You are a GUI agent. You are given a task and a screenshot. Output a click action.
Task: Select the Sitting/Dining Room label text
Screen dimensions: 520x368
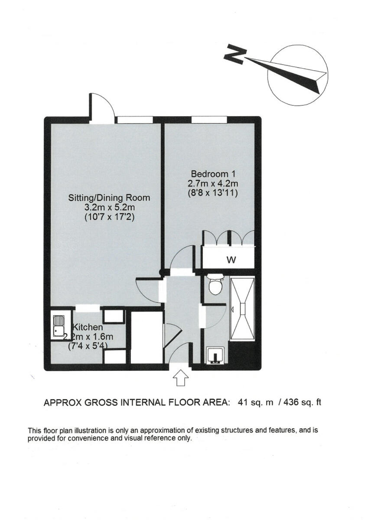click(x=109, y=198)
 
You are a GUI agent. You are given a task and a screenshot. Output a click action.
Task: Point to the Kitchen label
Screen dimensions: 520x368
click(x=88, y=327)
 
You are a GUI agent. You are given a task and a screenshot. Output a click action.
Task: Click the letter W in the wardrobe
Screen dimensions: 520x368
click(x=231, y=260)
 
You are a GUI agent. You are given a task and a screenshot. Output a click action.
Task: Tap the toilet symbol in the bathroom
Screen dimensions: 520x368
click(x=215, y=284)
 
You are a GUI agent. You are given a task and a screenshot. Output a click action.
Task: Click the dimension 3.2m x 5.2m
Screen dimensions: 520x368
click(x=109, y=208)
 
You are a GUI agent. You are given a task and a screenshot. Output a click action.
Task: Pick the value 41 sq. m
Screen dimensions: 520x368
click(x=256, y=403)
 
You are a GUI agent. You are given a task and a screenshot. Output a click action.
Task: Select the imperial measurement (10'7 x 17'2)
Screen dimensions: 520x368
click(x=109, y=218)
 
